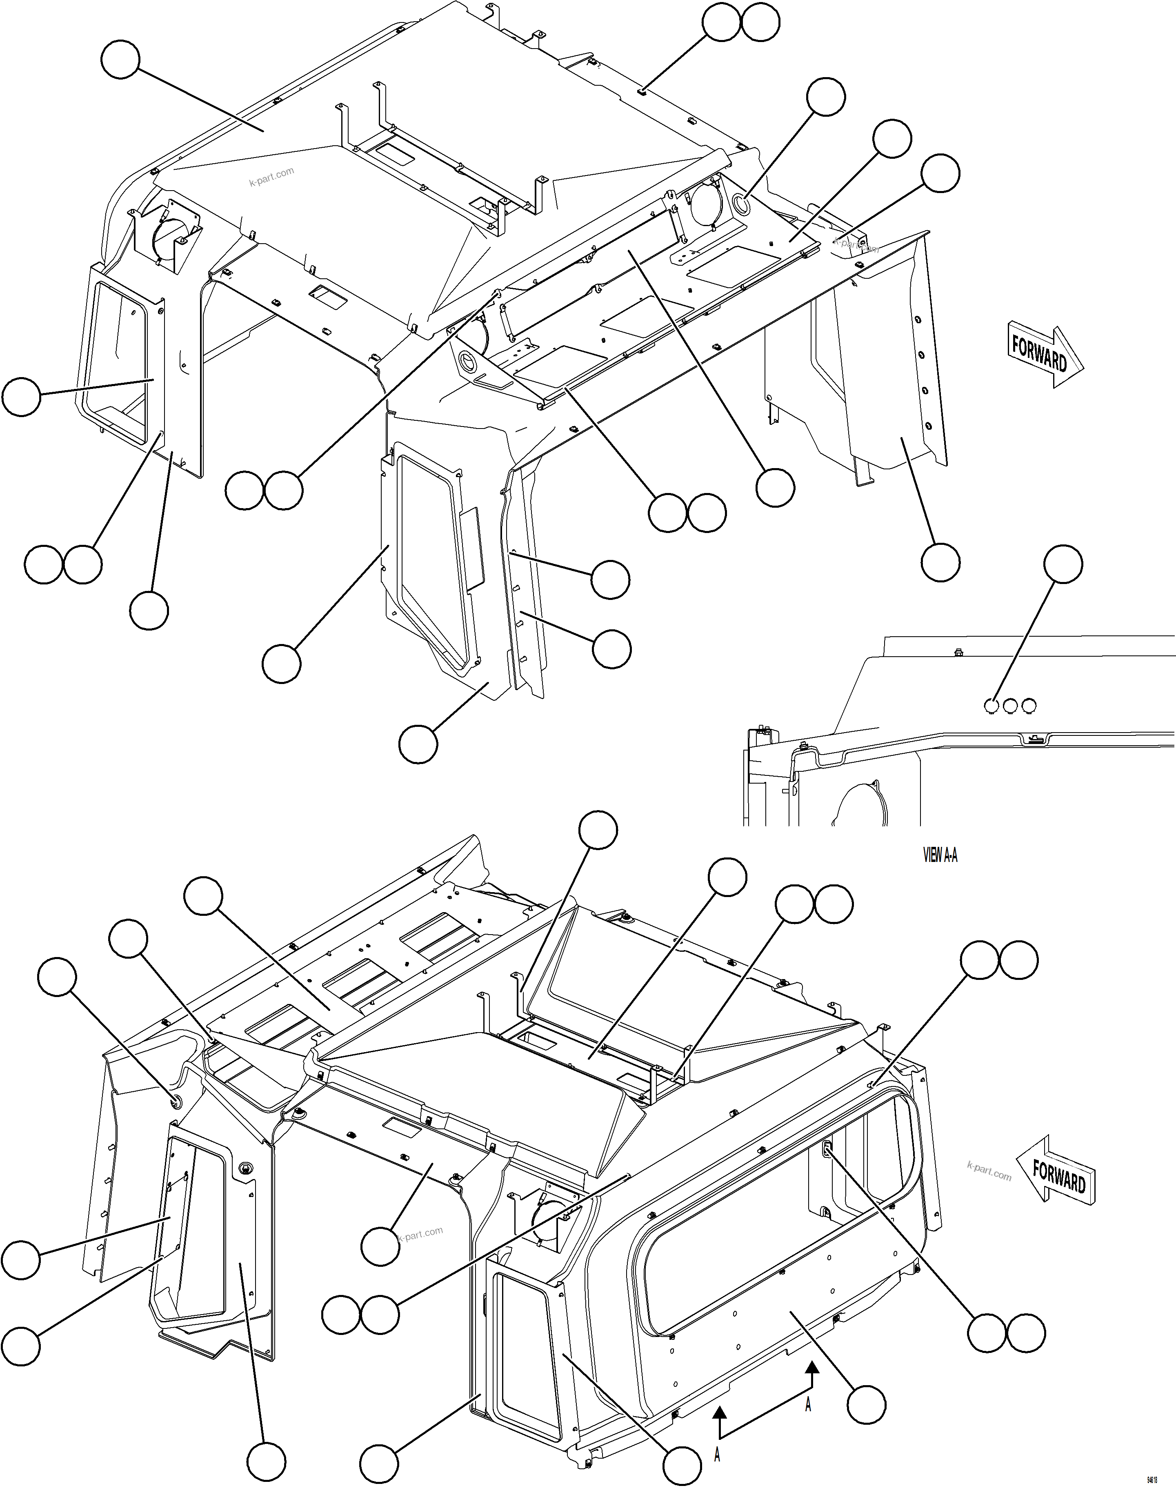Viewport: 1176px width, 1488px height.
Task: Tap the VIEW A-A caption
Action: (940, 855)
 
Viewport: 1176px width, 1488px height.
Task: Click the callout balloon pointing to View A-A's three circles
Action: (1063, 564)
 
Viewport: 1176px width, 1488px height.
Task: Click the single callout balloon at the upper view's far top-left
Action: (120, 60)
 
